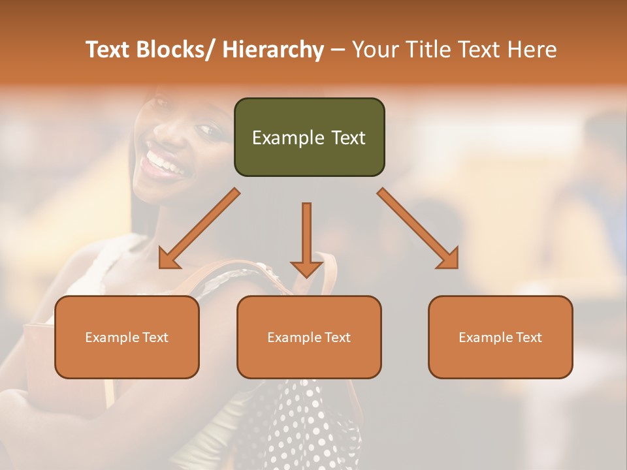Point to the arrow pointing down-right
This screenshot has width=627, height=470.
(x=419, y=229)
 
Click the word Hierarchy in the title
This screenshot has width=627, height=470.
(x=272, y=50)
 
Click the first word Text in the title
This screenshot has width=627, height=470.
(x=108, y=50)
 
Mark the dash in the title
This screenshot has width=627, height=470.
(x=338, y=50)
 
